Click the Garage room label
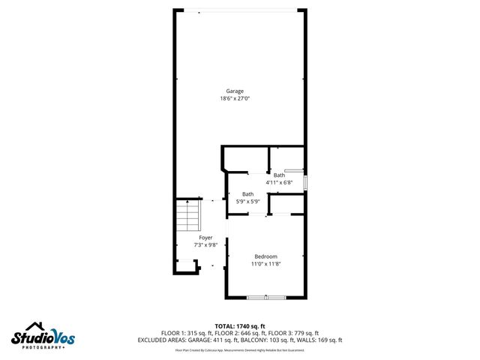pyautogui.click(x=235, y=91)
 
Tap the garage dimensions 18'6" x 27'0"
pyautogui.click(x=235, y=98)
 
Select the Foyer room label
pyautogui.click(x=205, y=237)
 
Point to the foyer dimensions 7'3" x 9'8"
pyautogui.click(x=205, y=244)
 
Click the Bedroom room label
pyautogui.click(x=265, y=256)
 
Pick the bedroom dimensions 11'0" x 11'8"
pyautogui.click(x=265, y=264)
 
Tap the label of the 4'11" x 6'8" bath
pyautogui.click(x=279, y=175)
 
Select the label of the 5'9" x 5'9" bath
pyautogui.click(x=247, y=194)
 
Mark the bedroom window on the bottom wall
pyautogui.click(x=266, y=298)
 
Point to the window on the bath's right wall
pyautogui.click(x=305, y=182)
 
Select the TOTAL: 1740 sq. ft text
pyautogui.click(x=239, y=326)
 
